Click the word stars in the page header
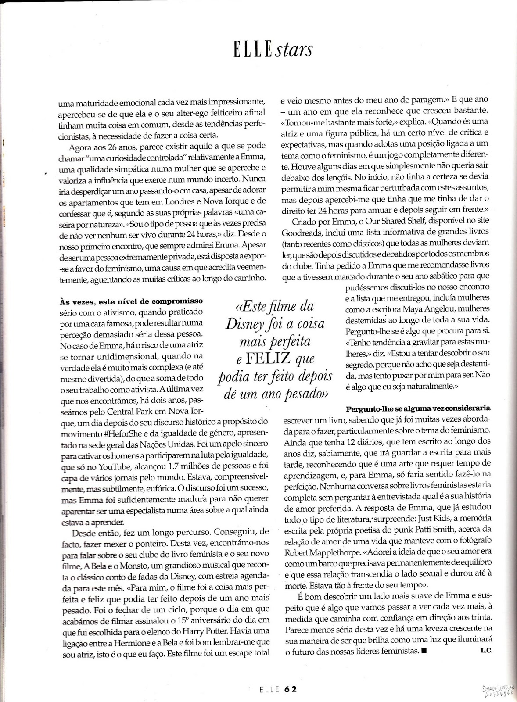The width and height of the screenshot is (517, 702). click(x=294, y=50)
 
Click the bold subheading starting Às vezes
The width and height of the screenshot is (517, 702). click(x=131, y=301)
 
